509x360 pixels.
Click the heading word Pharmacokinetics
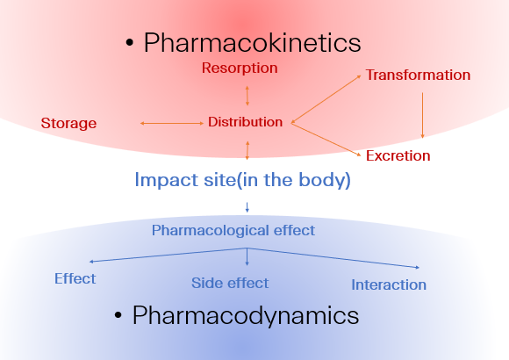pos(252,42)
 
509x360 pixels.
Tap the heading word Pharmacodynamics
pos(246,316)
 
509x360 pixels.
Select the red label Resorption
pos(240,68)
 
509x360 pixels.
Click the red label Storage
pos(68,124)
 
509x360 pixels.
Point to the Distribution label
pos(246,122)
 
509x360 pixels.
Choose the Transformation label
pos(418,75)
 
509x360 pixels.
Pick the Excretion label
pos(398,155)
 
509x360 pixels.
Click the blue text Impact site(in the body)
pos(242,180)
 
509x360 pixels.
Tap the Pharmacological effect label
pos(233,231)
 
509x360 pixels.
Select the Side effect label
pos(230,283)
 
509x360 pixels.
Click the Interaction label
pos(389,285)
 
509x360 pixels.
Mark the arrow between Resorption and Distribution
pos(247,96)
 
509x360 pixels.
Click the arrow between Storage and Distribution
pos(172,124)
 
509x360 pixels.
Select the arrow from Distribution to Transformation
pos(326,99)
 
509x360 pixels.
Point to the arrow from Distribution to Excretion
pos(326,139)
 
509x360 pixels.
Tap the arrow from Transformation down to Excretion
pos(422,115)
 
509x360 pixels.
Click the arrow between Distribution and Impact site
pos(247,150)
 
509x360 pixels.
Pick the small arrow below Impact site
pos(247,207)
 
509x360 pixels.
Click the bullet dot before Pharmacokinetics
pos(130,43)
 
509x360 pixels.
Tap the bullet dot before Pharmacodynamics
pos(118,315)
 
